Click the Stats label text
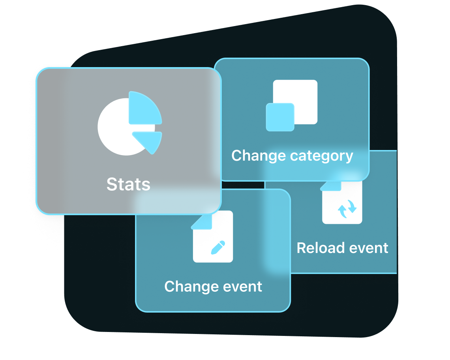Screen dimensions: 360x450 pyautogui.click(x=128, y=184)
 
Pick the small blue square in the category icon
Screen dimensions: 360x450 pyautogui.click(x=280, y=117)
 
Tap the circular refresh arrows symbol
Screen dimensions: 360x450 pyautogui.click(x=347, y=208)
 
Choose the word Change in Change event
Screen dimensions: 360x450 pyautogui.click(x=188, y=286)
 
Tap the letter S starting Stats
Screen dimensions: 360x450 pyautogui.click(x=112, y=184)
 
